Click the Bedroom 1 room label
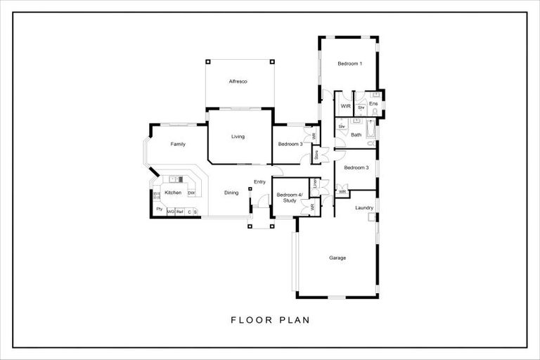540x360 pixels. tap(349, 64)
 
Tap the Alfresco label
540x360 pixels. tap(238, 82)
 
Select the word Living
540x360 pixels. tap(238, 136)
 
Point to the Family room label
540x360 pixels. tap(178, 144)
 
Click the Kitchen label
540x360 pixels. tap(173, 193)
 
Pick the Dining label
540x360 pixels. tap(231, 193)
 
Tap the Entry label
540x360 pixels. tap(260, 182)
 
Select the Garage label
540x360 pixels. tap(337, 258)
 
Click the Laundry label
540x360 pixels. tap(364, 207)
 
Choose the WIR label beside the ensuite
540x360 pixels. tap(345, 106)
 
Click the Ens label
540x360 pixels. tap(373, 103)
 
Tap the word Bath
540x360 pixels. tap(356, 134)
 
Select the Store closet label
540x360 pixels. tap(317, 154)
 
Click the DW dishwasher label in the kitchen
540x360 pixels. tap(191, 193)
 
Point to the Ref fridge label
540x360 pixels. tap(179, 211)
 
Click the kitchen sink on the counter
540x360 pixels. tap(176, 179)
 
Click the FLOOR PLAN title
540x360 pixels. tap(270, 320)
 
